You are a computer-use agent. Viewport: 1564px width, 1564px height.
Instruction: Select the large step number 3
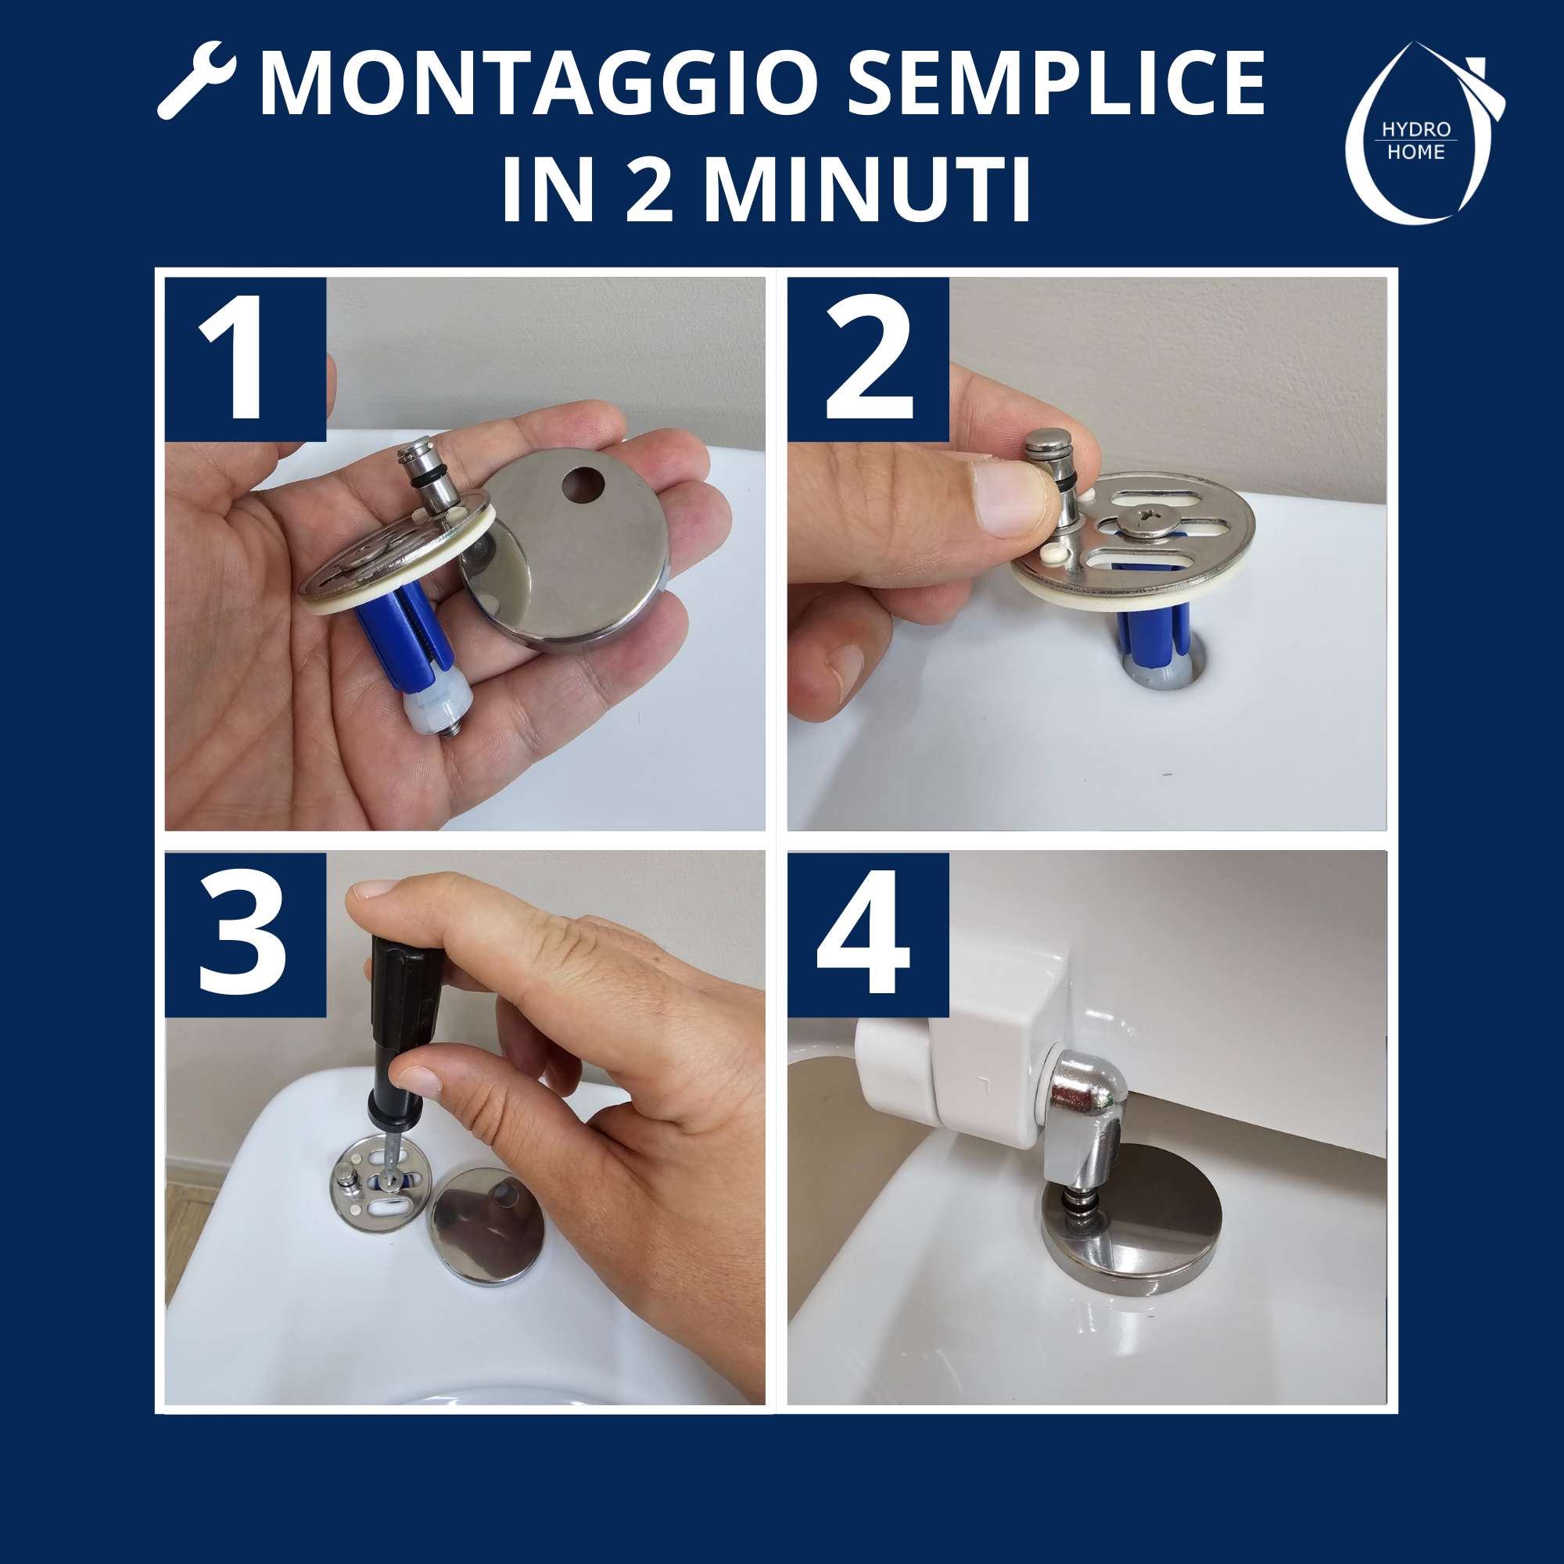[x=243, y=933]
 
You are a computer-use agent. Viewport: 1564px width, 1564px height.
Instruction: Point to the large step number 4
[x=863, y=932]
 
